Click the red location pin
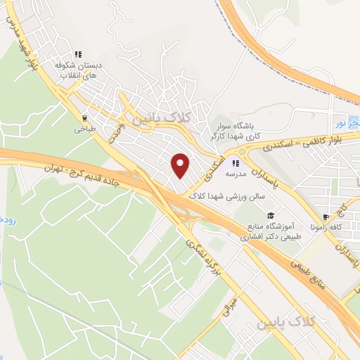pos(181,165)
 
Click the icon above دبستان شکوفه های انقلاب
pos(79,53)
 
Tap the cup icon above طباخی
pos(84,119)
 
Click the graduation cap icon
pos(270,216)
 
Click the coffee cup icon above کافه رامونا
pos(326,217)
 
